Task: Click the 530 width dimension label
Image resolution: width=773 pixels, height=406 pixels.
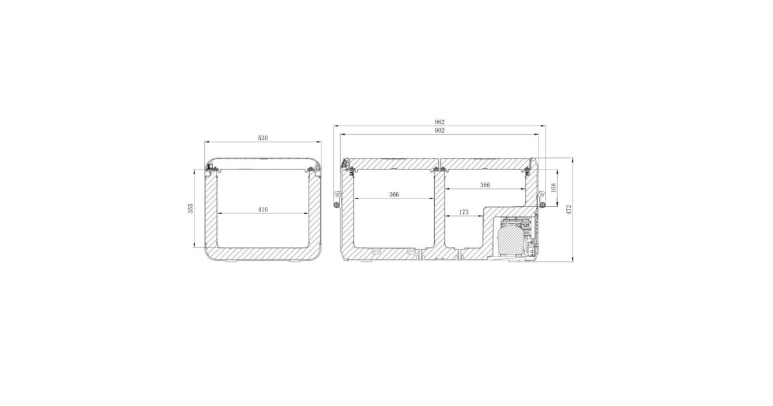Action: click(263, 138)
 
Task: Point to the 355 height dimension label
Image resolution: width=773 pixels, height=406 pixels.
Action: click(191, 209)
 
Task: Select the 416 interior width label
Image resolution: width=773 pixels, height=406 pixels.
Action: click(263, 209)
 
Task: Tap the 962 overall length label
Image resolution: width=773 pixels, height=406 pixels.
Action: click(439, 122)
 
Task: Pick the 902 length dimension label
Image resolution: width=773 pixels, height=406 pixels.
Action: click(439, 130)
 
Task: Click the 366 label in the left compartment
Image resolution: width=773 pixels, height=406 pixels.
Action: click(394, 195)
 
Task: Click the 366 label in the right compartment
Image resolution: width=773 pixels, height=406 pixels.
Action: click(485, 185)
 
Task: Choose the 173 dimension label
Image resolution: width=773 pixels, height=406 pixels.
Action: click(464, 212)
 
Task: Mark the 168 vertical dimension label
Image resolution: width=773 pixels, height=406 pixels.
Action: click(553, 188)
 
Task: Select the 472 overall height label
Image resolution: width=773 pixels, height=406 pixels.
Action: click(569, 210)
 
